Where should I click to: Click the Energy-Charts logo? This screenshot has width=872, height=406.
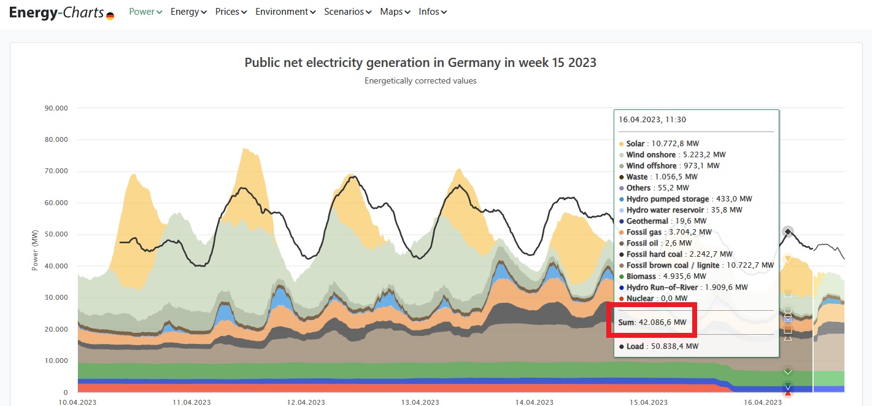point(61,12)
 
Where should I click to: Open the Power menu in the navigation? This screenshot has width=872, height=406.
point(145,12)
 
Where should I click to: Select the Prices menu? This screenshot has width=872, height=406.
point(231,12)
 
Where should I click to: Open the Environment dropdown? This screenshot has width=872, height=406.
point(285,12)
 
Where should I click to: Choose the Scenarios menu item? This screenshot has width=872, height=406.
point(347,12)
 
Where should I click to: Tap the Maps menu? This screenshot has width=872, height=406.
point(395,12)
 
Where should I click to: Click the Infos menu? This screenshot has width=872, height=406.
point(433,12)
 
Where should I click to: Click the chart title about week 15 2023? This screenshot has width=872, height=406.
point(420,63)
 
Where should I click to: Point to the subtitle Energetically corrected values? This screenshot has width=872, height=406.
point(420,80)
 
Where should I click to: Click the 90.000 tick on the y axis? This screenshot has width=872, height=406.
point(56,108)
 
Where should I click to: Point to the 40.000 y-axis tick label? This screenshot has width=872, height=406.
point(56,266)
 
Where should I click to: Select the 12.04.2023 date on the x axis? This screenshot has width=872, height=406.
point(305,402)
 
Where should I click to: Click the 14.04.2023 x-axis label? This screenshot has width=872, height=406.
point(534,402)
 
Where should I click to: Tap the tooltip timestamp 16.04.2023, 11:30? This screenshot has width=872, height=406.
point(652,120)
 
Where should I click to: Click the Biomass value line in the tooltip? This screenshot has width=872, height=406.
point(666,276)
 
